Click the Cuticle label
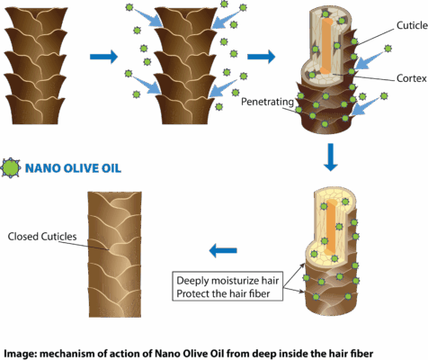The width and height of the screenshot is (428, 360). (412, 25)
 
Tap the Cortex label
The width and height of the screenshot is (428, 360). (411, 78)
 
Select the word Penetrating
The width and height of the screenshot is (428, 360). (267, 102)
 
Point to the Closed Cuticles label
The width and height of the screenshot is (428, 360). (42, 237)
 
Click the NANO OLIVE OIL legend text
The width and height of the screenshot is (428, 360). (73, 168)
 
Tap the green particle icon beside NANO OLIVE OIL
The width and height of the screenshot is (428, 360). (11, 167)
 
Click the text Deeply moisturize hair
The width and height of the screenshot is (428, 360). (227, 281)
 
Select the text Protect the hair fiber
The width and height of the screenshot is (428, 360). (223, 293)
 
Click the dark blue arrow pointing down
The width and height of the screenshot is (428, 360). (331, 157)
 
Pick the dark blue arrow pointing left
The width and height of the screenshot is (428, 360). (223, 250)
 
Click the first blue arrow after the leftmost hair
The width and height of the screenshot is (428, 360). (103, 56)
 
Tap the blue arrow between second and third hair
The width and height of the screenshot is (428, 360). (261, 56)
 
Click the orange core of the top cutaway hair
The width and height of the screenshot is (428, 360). (326, 46)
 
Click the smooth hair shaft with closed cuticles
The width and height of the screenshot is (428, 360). (115, 255)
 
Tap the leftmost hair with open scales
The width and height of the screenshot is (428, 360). (35, 66)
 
